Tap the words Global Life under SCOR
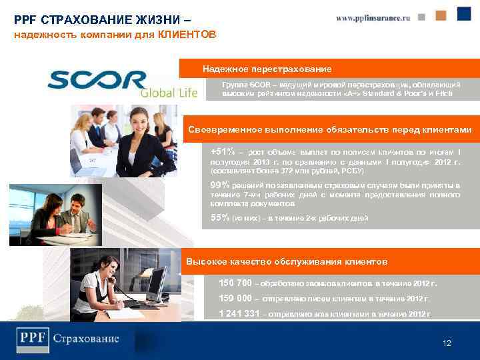pos(169,93)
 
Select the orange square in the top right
pos(441,15)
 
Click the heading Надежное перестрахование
pos(267,69)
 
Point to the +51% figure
pos(222,151)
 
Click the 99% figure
pos(219,185)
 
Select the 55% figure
pos(219,218)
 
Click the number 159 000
pos(235,298)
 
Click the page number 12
pos(447,343)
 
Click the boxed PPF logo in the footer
pos(33,339)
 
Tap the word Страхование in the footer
pos(87,339)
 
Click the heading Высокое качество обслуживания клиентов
pos(287,261)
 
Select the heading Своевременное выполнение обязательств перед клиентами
pos(329,129)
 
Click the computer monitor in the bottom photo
pos(154,283)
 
